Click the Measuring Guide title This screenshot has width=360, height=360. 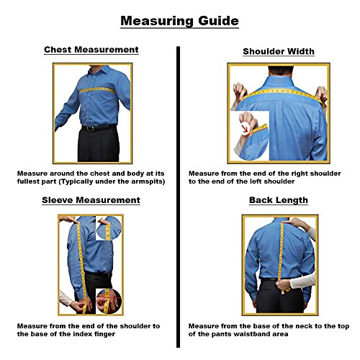click(x=179, y=21)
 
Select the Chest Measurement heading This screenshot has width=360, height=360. click(x=91, y=50)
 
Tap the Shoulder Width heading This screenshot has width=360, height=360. click(x=279, y=51)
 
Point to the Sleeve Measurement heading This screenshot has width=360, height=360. click(x=91, y=200)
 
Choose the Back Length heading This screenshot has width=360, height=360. click(x=279, y=200)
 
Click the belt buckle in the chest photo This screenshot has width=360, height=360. click(x=90, y=129)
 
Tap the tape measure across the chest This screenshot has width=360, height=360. click(x=97, y=90)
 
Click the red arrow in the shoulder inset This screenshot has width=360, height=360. click(x=246, y=129)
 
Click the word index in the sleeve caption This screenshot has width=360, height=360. click(x=84, y=334)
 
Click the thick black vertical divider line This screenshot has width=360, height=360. click(x=178, y=197)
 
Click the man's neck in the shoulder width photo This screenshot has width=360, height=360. click(x=281, y=71)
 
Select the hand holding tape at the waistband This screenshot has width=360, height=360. click(x=283, y=284)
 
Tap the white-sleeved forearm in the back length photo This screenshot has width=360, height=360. click(x=303, y=281)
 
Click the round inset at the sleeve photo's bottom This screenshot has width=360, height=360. click(x=109, y=302)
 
